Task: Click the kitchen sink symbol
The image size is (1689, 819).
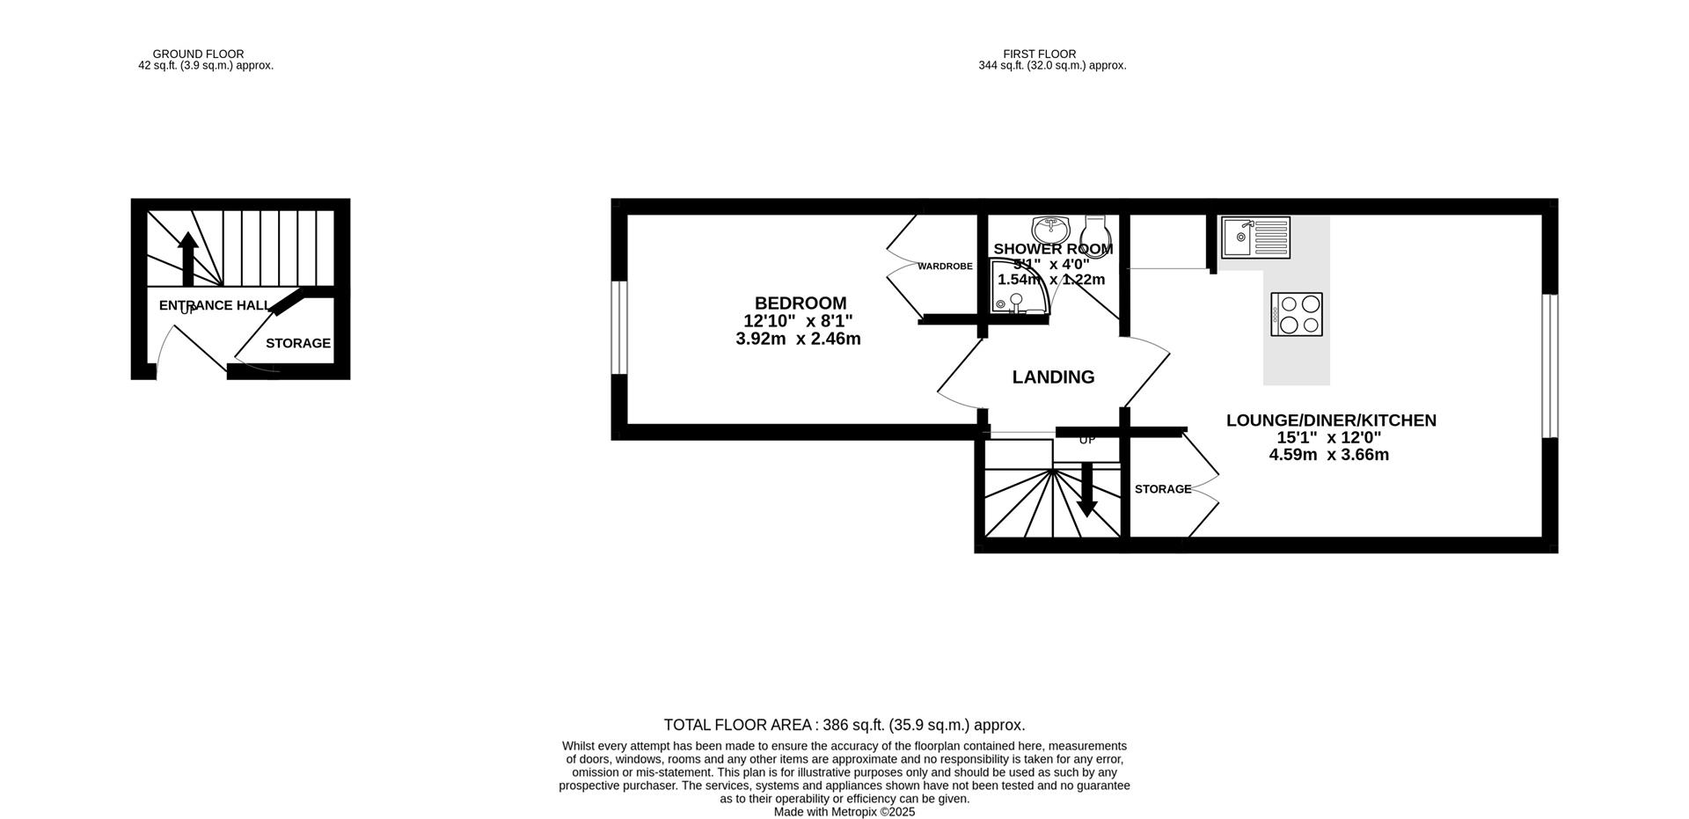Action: [1255, 238]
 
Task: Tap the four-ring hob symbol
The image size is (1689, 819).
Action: [1296, 314]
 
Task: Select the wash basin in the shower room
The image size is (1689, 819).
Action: [1050, 230]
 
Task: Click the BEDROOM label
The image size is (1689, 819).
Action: [800, 303]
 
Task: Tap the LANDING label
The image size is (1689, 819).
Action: [1053, 377]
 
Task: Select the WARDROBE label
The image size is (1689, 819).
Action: [945, 266]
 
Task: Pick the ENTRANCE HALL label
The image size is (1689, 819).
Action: [214, 305]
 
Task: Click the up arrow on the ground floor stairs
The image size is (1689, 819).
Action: [187, 258]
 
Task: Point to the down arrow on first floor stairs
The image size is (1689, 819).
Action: [1087, 490]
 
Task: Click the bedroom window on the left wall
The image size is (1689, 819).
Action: [619, 327]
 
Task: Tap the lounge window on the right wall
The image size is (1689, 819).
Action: [1550, 365]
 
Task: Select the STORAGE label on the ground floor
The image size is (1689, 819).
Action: [298, 343]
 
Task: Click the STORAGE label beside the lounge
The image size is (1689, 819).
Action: [1162, 489]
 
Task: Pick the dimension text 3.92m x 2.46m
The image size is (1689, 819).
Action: [798, 339]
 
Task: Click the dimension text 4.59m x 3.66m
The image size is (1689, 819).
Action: [1328, 455]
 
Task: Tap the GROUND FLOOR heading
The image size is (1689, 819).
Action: [198, 54]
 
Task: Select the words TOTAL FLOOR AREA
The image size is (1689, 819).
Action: [737, 725]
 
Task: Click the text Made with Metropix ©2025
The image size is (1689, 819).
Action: [844, 812]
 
